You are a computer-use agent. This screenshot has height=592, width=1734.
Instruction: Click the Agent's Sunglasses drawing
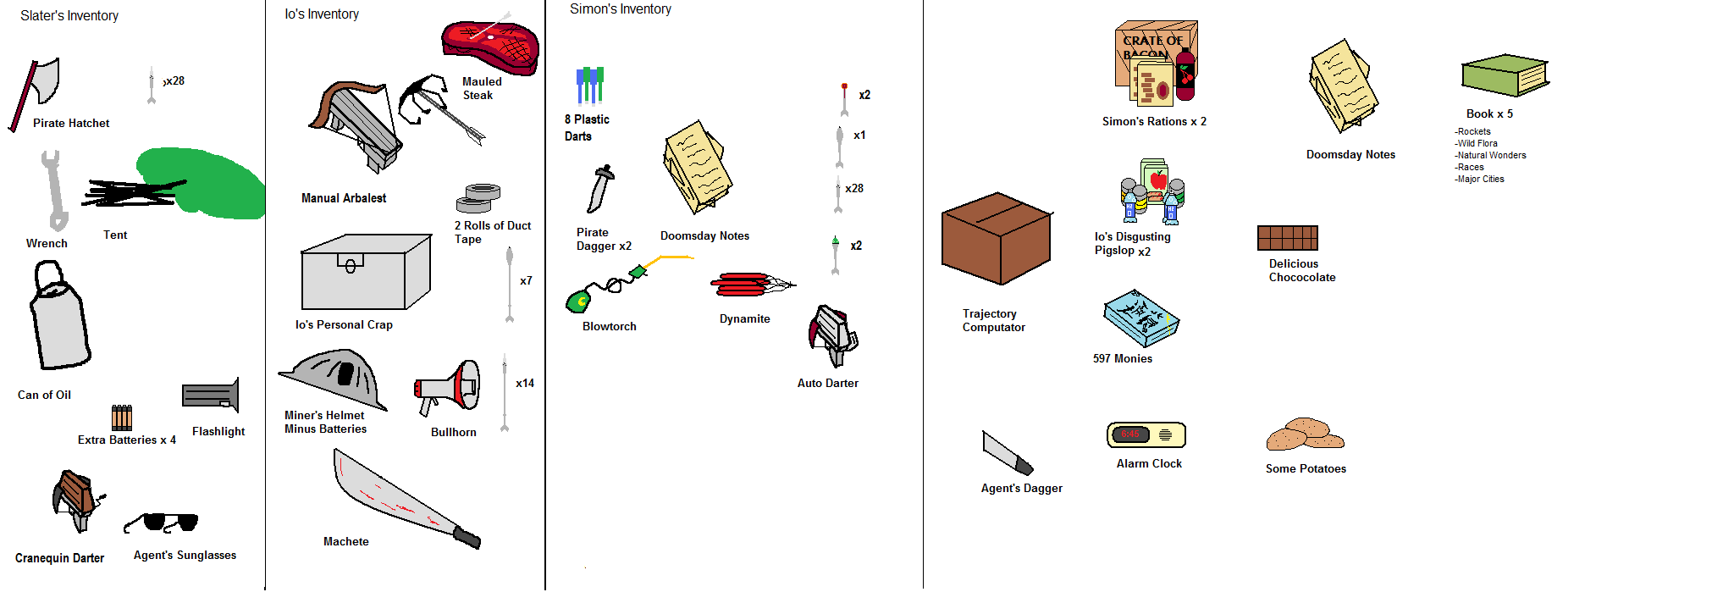[164, 522]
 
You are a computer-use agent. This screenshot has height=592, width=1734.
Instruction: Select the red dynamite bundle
[745, 285]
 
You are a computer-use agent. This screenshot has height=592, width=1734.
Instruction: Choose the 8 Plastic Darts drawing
[590, 86]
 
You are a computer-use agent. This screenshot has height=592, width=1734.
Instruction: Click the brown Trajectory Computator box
[997, 238]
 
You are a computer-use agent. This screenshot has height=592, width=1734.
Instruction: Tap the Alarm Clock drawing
[1146, 435]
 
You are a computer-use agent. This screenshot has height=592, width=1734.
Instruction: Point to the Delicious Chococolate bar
[1287, 238]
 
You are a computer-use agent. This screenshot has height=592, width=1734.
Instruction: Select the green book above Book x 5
[1505, 75]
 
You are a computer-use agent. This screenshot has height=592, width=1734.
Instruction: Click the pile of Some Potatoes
[1305, 434]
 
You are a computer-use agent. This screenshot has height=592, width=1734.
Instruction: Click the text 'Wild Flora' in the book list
[1477, 144]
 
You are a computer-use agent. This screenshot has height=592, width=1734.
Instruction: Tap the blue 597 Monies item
[1140, 318]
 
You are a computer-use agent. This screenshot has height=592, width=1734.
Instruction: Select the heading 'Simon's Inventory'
[621, 9]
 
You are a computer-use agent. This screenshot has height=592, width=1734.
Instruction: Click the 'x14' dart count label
[525, 384]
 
